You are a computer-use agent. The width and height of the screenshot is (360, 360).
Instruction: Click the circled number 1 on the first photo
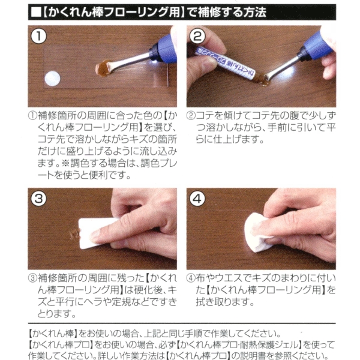point(38,37)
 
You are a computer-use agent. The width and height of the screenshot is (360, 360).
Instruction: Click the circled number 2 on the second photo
point(197,37)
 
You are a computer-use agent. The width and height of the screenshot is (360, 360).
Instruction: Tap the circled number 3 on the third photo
point(38,199)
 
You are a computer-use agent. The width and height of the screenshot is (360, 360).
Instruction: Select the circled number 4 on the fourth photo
point(197,199)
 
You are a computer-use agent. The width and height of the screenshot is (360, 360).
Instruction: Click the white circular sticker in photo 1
point(52,79)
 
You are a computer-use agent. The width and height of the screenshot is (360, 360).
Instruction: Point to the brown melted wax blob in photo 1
point(103,68)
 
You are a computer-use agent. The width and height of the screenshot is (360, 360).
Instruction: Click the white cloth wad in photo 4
point(257,232)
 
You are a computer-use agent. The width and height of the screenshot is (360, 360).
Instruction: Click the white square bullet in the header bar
point(36,13)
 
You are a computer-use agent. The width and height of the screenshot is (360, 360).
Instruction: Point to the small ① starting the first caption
point(32,116)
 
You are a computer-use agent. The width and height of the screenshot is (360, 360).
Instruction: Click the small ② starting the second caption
point(191,116)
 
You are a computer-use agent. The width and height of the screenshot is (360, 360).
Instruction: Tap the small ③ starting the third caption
point(32,278)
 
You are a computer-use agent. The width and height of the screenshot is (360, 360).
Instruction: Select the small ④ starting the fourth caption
point(191,278)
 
